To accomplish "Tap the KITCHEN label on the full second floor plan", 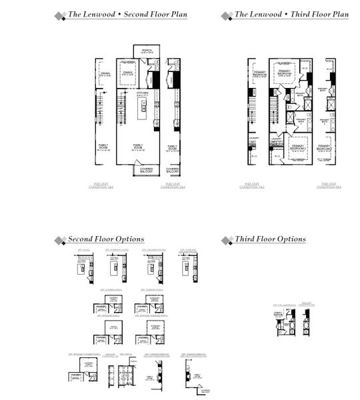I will pos(141,93).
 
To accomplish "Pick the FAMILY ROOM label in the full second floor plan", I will pos(139,147).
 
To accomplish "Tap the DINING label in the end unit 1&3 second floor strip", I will pos(105,74).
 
